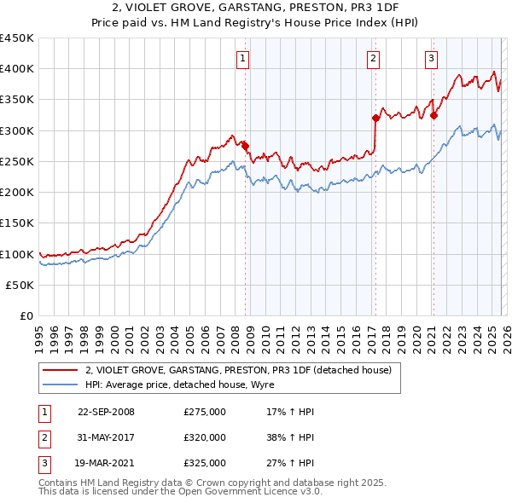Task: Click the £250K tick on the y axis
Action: point(17,161)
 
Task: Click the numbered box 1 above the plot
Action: point(243,59)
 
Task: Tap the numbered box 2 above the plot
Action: point(374,59)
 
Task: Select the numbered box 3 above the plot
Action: point(432,59)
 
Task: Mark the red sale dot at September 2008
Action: point(246,146)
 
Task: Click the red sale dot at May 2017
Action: point(375,118)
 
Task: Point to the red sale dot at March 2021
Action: point(433,115)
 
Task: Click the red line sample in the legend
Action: point(60,370)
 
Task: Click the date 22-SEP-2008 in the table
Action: point(106,412)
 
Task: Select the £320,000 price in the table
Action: point(205,437)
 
